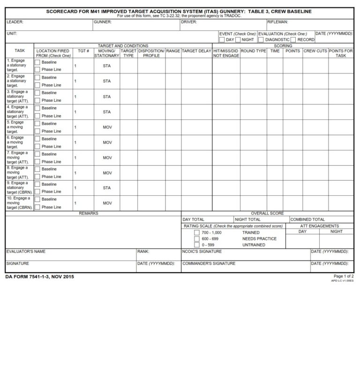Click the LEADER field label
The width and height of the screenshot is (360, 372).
15,22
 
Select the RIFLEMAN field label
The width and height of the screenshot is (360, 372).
277,22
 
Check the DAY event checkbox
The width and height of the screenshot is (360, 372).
222,39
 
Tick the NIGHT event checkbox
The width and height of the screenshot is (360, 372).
238,39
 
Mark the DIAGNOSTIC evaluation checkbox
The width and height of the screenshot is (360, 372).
261,39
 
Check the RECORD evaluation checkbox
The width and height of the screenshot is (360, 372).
293,39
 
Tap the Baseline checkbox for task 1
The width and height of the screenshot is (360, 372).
37,62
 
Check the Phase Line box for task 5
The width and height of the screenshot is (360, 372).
37,131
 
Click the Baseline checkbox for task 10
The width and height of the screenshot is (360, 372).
37,199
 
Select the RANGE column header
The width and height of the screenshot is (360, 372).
173,51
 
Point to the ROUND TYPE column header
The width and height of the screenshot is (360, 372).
254,51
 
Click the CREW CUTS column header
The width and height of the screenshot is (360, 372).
315,51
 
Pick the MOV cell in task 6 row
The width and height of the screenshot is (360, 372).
107,142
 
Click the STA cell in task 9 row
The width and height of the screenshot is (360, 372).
107,188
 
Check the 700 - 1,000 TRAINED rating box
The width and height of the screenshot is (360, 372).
197,233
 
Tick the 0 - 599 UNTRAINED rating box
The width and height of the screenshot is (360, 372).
197,245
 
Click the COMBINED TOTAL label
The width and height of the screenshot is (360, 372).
307,219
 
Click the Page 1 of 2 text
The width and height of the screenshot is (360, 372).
344,276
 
